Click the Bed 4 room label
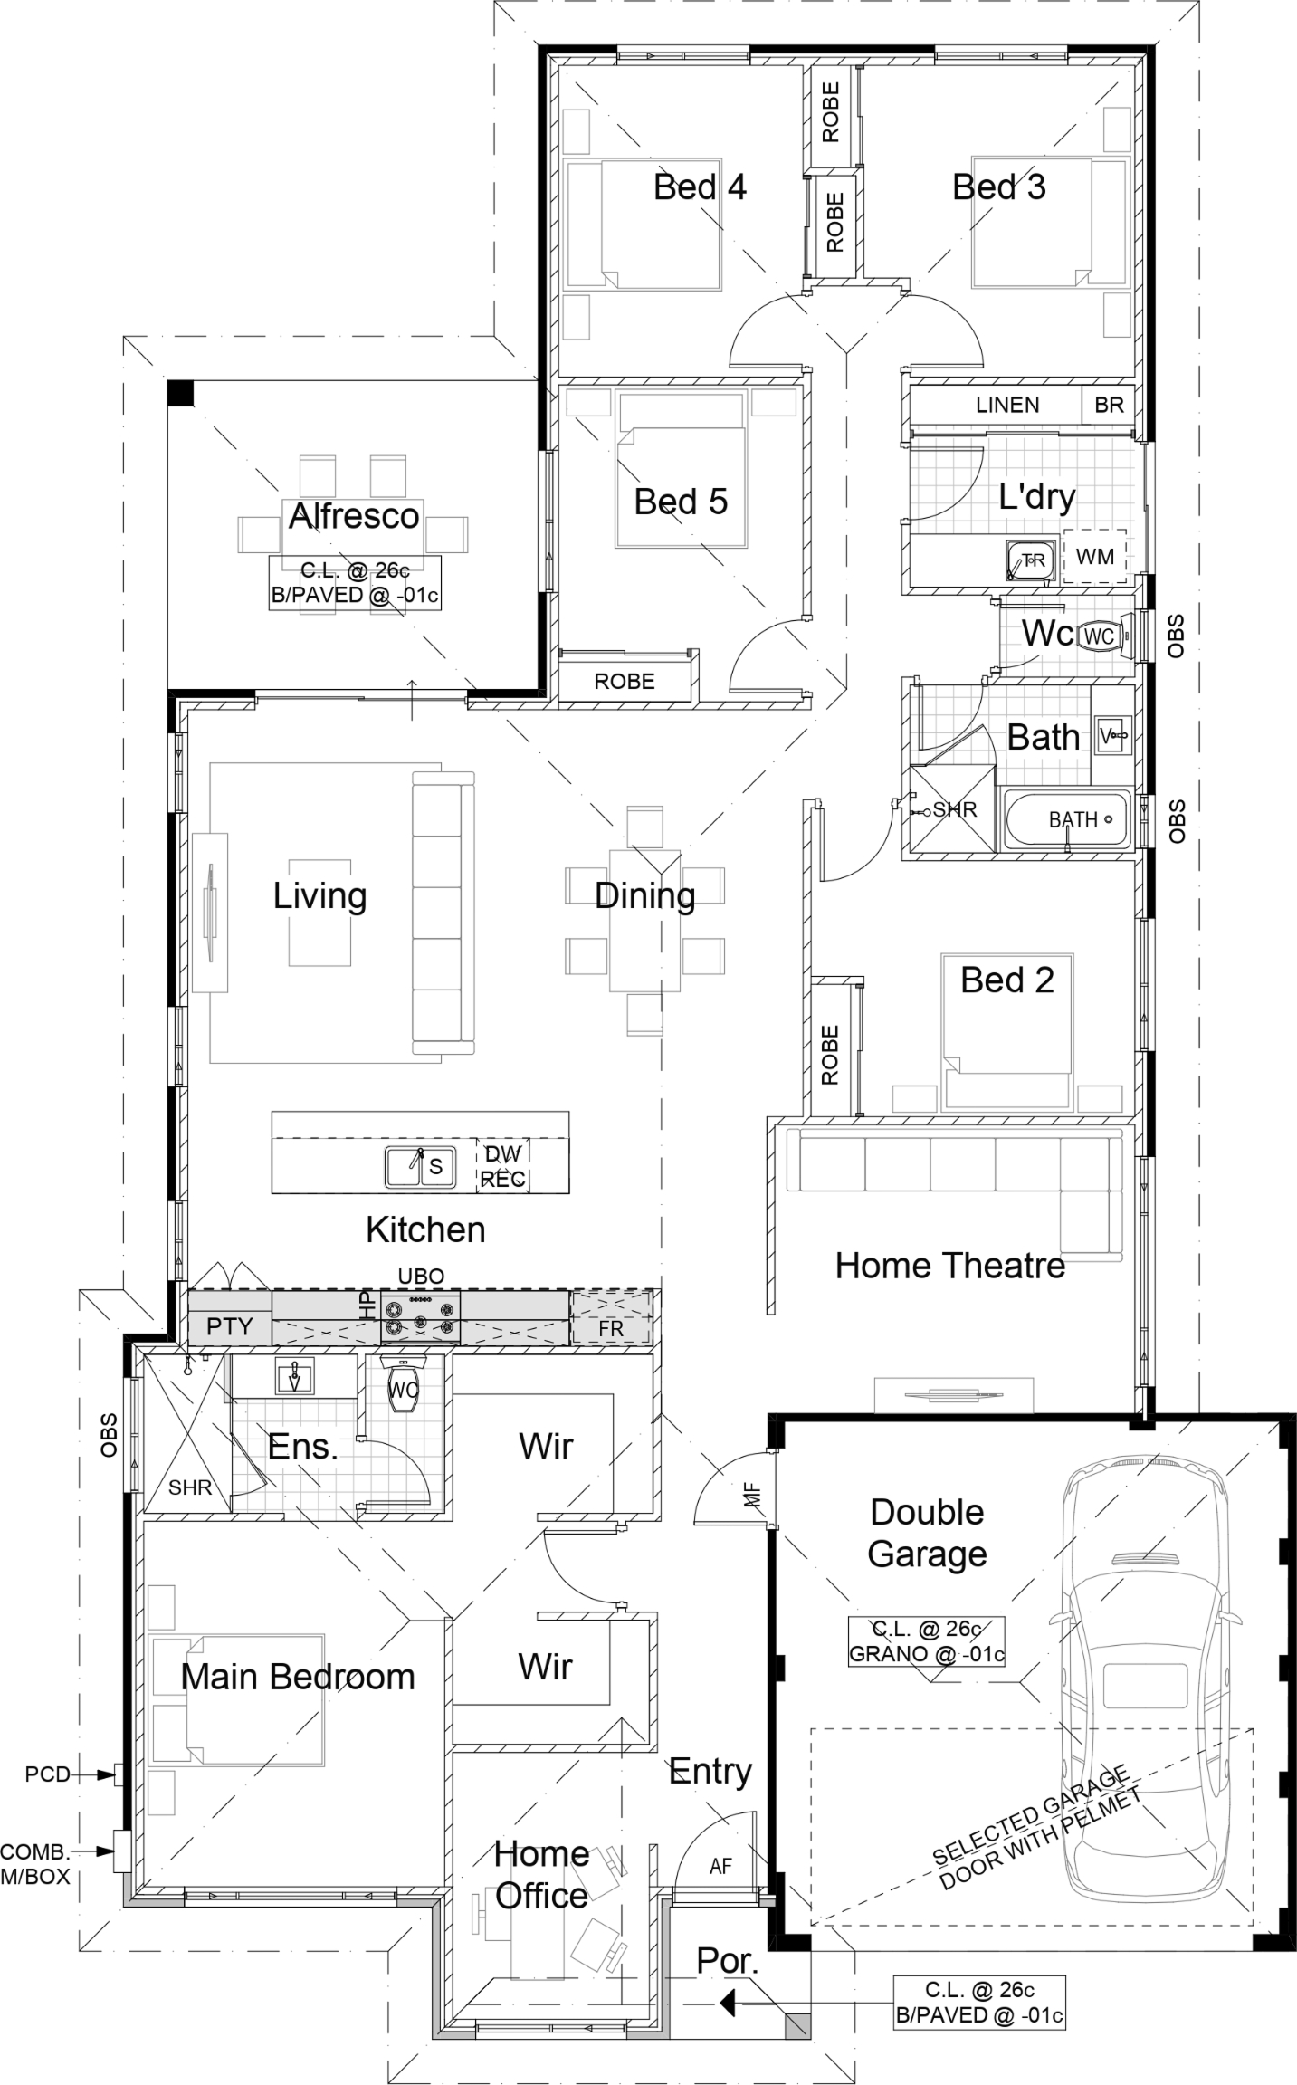click(700, 187)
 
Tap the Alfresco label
click(354, 516)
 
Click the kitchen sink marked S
click(418, 1166)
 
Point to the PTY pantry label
click(230, 1326)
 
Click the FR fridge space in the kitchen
click(611, 1318)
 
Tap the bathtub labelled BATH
click(1066, 820)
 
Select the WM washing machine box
click(1094, 557)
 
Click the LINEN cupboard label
click(1007, 405)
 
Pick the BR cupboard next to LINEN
click(1109, 405)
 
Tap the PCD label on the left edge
click(48, 1774)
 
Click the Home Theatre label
click(950, 1266)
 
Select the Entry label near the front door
click(710, 1772)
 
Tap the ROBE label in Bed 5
click(625, 681)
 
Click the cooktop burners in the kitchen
click(420, 1318)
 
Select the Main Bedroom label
click(298, 1677)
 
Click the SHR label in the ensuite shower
click(190, 1487)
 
